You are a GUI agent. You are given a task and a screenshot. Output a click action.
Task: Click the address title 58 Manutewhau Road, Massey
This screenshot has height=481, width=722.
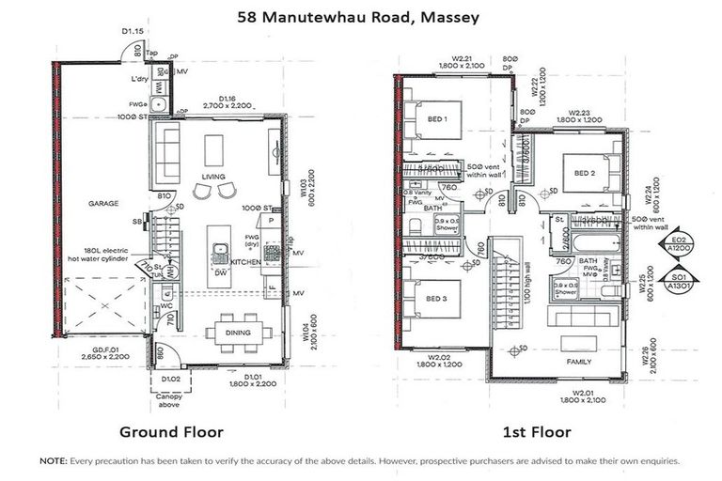(361, 18)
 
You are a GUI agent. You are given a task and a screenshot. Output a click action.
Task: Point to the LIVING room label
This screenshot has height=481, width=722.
(215, 175)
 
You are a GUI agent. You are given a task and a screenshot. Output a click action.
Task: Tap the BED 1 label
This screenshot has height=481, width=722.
(438, 119)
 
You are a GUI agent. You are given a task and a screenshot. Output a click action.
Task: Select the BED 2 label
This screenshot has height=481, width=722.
(585, 173)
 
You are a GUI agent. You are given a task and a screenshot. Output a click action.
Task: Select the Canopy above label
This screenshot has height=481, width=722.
(170, 399)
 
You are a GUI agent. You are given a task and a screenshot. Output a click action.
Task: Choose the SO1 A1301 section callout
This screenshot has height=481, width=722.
(672, 285)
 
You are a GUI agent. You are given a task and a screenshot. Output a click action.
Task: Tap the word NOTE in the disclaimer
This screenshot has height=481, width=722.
(52, 462)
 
